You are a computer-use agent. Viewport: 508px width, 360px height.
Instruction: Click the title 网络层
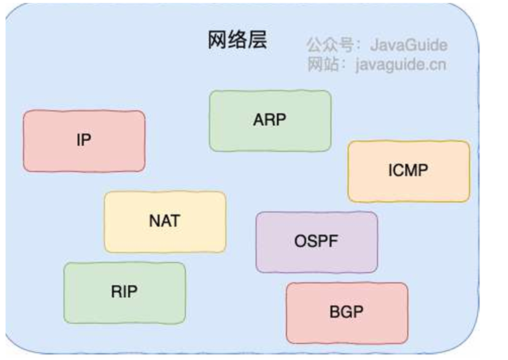(237, 41)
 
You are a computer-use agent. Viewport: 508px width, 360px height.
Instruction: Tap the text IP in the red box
(84, 140)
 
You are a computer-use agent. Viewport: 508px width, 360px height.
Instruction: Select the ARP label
(269, 120)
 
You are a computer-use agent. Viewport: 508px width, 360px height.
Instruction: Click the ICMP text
(408, 170)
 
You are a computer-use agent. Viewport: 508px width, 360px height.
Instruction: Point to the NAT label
(165, 221)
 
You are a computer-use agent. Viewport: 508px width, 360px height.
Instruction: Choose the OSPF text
(316, 242)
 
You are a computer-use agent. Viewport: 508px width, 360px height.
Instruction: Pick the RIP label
(124, 292)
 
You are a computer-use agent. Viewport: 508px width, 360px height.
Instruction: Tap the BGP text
(346, 312)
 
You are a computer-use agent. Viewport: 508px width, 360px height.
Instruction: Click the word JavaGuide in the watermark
(408, 45)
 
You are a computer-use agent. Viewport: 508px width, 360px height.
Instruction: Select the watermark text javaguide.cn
(400, 65)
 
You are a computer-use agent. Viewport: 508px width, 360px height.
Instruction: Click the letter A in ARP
(258, 120)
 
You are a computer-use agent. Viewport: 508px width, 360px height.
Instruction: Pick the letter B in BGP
(334, 312)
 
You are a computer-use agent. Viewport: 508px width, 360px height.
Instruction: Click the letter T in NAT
(175, 221)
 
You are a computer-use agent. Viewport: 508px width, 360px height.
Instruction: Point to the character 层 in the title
(257, 41)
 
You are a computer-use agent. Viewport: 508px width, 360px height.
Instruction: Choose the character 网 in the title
(217, 41)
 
